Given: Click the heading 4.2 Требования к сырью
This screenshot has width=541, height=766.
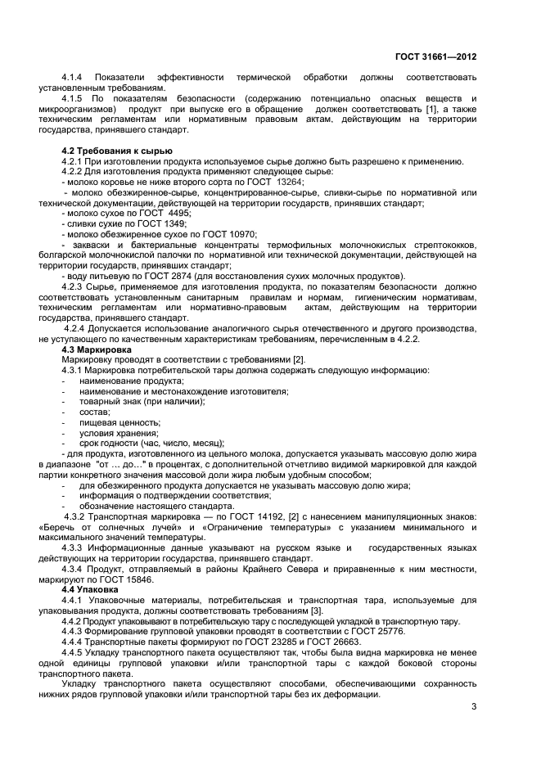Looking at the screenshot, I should pyautogui.click(x=117, y=151).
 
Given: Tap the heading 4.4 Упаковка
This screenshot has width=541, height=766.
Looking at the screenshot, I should pyautogui.click(x=90, y=588).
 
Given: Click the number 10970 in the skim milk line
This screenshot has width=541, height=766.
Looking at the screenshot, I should pyautogui.click(x=237, y=234).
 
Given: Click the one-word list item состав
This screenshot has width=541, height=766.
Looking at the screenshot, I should pyautogui.click(x=95, y=412).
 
